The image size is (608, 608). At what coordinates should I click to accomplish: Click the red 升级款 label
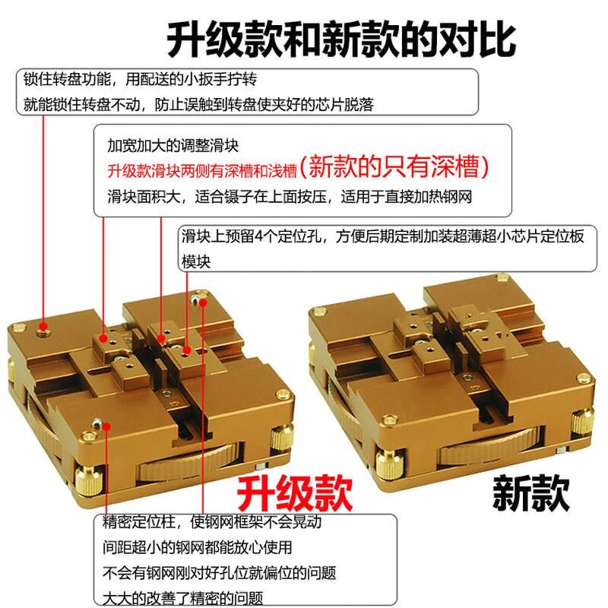(295, 494)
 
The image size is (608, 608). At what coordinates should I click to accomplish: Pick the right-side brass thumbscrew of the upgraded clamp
(282, 439)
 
